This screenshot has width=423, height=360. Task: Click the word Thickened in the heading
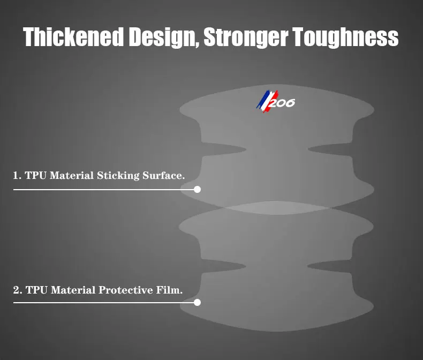pyautogui.click(x=73, y=37)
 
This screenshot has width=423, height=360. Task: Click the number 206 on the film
pyautogui.click(x=282, y=103)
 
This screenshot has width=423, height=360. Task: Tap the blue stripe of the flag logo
pyautogui.click(x=262, y=99)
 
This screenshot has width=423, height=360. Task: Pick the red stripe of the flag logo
pyautogui.click(x=270, y=102)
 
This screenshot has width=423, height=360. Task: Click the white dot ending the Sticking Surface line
pyautogui.click(x=197, y=190)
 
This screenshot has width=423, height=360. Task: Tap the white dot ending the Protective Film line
pyautogui.click(x=197, y=303)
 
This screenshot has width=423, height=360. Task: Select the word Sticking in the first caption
pyautogui.click(x=118, y=176)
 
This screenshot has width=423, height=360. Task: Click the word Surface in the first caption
pyautogui.click(x=163, y=175)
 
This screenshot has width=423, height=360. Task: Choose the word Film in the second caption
pyautogui.click(x=169, y=290)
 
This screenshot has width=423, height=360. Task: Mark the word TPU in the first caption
pyautogui.click(x=36, y=175)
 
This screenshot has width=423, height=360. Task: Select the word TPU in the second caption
pyautogui.click(x=37, y=290)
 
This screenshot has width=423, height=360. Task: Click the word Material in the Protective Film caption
pyautogui.click(x=73, y=290)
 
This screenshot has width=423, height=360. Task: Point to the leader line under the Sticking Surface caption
pyautogui.click(x=103, y=190)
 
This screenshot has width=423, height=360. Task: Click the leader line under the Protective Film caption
pyautogui.click(x=103, y=303)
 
